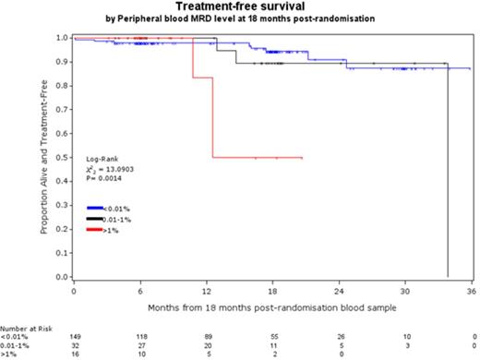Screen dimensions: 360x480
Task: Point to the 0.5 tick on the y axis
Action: [x=63, y=158]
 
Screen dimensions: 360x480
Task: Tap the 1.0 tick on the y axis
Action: [x=63, y=38]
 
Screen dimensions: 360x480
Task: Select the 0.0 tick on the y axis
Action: [x=63, y=277]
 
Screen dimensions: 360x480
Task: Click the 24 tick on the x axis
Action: [x=339, y=290]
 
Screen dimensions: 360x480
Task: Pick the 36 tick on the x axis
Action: [x=471, y=290]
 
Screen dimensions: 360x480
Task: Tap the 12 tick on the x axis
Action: [x=206, y=290]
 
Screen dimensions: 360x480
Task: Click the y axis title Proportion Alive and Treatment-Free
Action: [x=43, y=158]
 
